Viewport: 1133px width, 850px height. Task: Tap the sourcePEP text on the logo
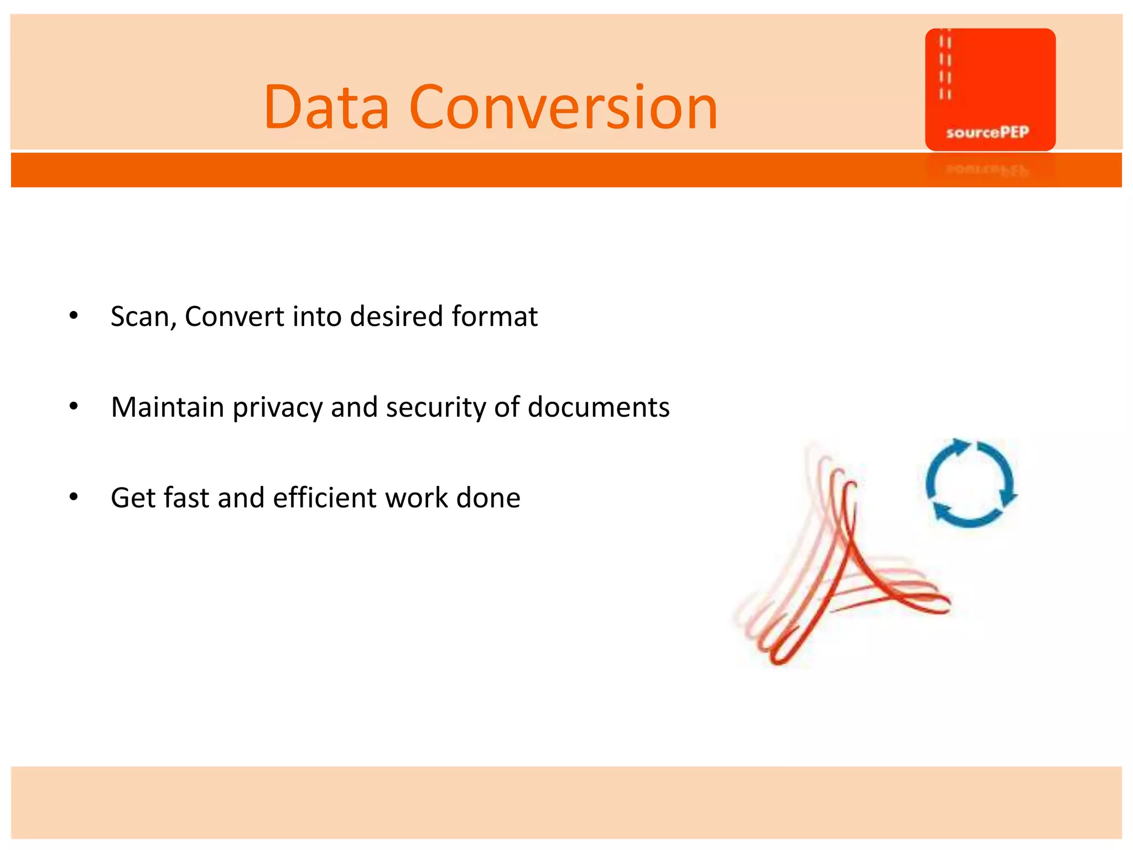point(988,132)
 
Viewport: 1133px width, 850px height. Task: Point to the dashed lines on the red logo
point(945,66)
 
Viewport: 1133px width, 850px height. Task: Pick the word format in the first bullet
point(495,317)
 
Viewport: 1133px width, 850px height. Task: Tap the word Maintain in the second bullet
point(167,408)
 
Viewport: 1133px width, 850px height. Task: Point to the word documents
point(599,408)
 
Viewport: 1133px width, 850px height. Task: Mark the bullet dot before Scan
point(74,316)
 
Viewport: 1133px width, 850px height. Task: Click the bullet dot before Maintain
point(74,407)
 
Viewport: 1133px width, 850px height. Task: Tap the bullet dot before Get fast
point(74,497)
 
